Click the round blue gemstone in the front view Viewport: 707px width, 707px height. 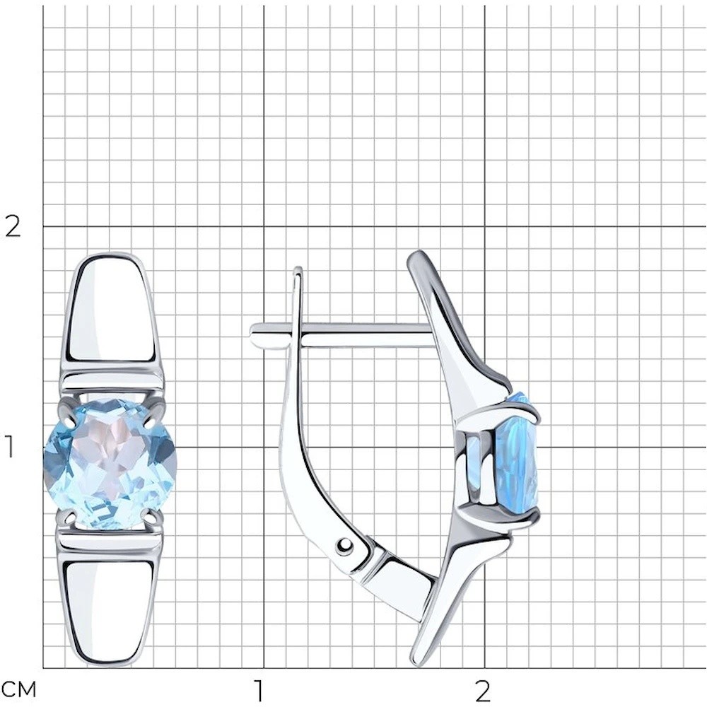[110, 463]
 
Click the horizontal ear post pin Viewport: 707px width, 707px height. [341, 334]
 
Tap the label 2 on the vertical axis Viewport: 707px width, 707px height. [12, 226]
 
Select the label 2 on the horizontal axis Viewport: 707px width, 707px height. [482, 689]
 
